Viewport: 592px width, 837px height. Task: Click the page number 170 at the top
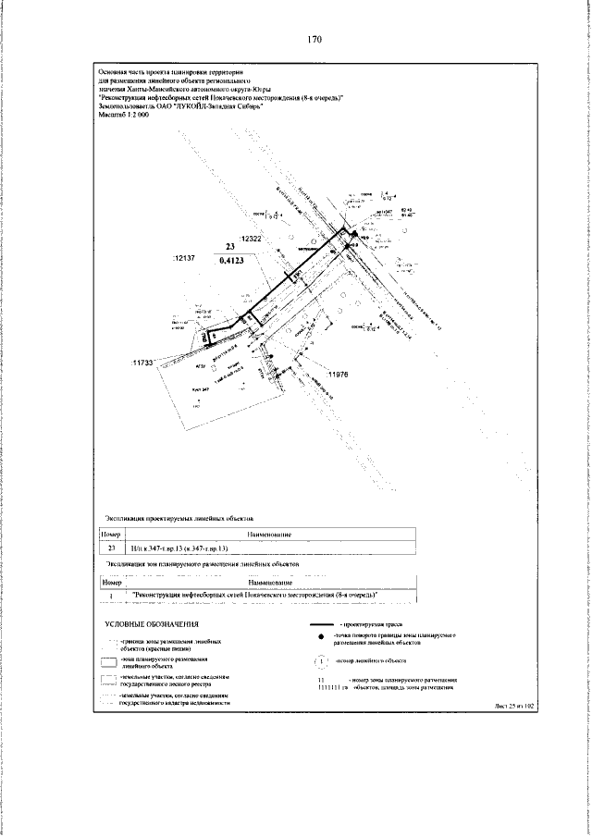(314, 40)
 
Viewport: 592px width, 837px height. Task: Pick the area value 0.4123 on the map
(232, 262)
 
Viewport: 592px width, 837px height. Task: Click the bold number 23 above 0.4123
(231, 247)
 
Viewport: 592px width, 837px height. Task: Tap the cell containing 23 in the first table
(111, 548)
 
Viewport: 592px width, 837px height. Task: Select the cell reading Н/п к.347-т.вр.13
(180, 548)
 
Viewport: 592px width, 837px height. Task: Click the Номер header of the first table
(111, 534)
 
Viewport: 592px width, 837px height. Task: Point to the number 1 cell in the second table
(111, 595)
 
